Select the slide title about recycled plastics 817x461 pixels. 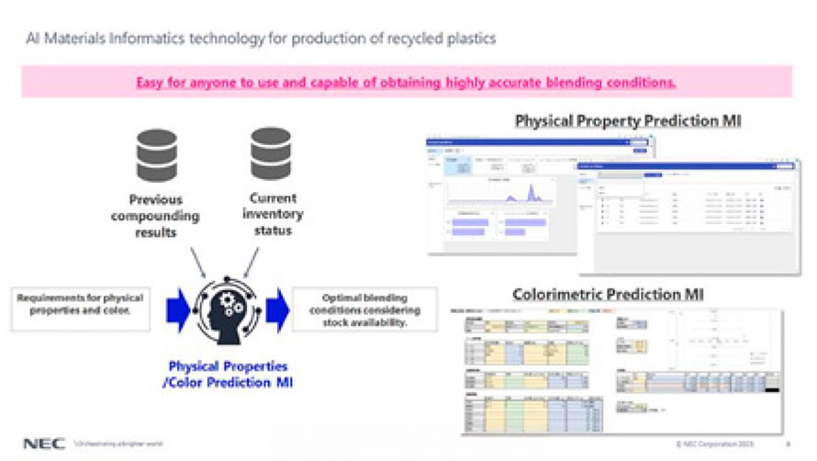259,39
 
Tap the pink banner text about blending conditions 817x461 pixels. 407,82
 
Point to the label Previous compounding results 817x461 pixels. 154,216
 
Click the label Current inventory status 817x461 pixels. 271,214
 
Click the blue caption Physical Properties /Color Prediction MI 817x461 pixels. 228,374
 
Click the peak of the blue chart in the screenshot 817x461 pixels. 529,190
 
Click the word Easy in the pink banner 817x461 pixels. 149,82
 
